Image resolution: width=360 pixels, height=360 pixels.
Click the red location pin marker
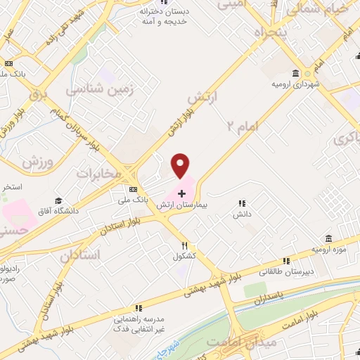(181, 165)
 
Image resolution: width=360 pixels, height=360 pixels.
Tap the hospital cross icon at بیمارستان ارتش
(181, 193)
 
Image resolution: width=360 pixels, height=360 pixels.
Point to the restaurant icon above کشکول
(185, 245)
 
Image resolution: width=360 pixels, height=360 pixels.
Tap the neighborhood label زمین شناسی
(95, 90)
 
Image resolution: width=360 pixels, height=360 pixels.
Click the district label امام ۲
(243, 126)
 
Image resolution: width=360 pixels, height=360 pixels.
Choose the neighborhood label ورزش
(37, 162)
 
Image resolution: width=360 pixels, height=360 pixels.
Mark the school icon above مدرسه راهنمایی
(138, 307)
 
